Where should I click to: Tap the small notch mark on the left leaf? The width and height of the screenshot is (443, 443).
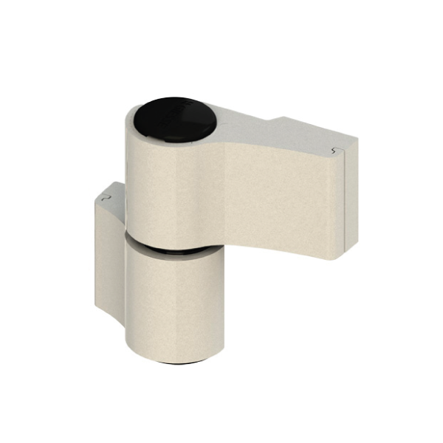click(x=106, y=198)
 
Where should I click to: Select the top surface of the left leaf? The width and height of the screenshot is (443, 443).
click(x=111, y=193)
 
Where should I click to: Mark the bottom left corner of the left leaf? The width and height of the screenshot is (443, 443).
click(x=97, y=306)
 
